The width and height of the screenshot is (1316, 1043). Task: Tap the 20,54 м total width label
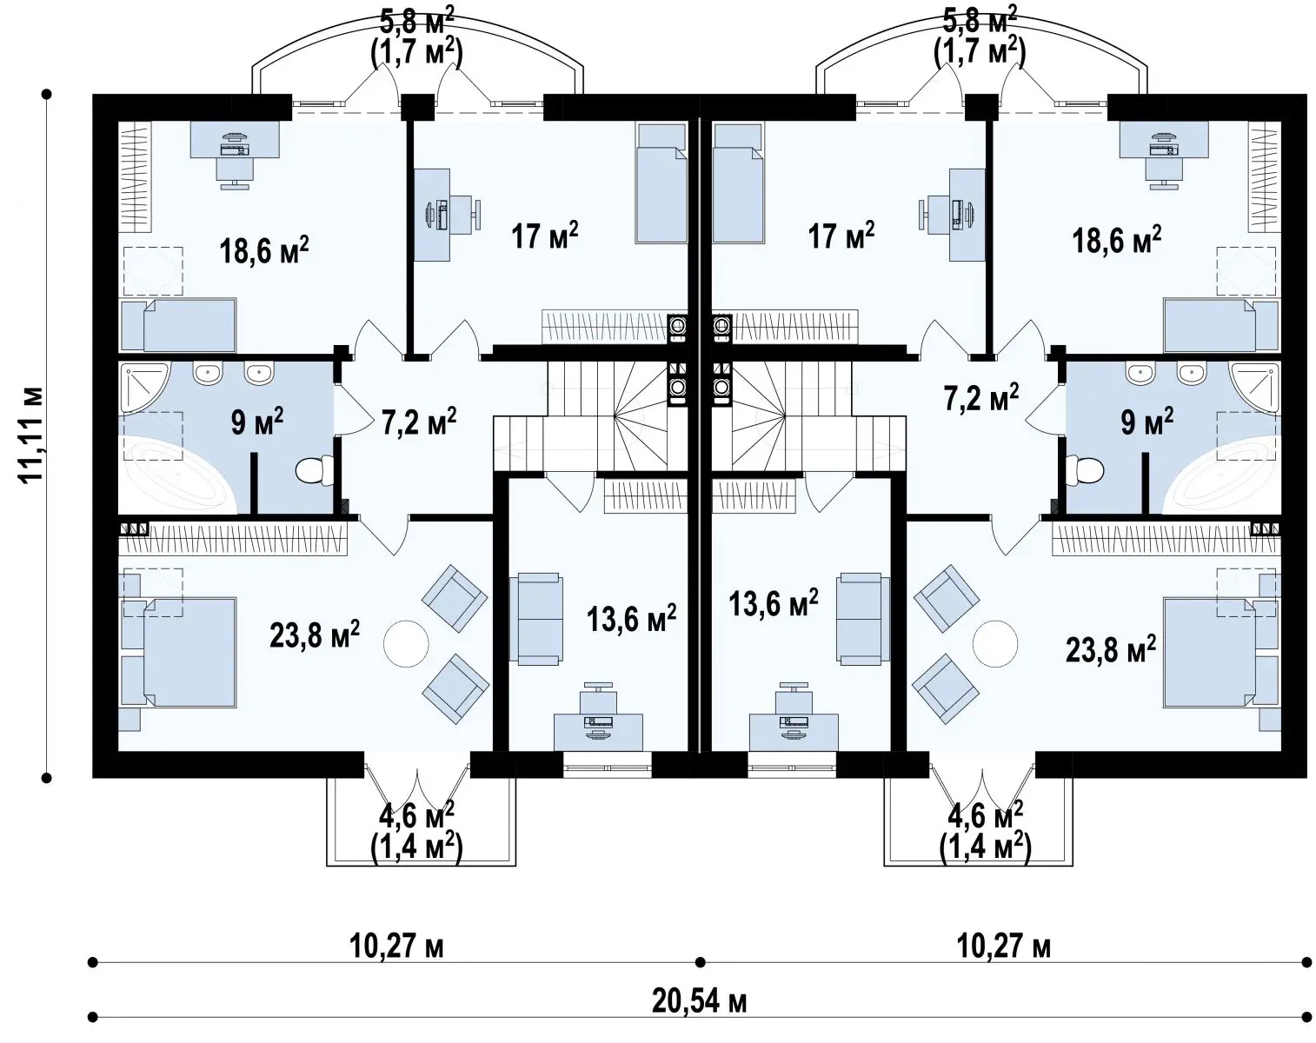(x=700, y=1001)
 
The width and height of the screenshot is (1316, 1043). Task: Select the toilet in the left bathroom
(x=315, y=471)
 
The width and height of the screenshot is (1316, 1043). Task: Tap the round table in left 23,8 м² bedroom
(x=406, y=643)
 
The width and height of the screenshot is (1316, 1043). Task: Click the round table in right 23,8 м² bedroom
(x=995, y=643)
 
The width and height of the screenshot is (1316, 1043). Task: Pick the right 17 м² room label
(x=841, y=236)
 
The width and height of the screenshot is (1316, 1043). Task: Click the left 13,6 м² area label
(x=631, y=618)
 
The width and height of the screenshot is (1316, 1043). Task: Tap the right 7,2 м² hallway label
(x=981, y=397)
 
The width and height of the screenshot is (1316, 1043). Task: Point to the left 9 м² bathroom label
(x=256, y=422)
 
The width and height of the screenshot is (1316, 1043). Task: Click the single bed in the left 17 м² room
(x=661, y=183)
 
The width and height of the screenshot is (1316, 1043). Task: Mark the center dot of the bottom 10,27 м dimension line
(x=701, y=962)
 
